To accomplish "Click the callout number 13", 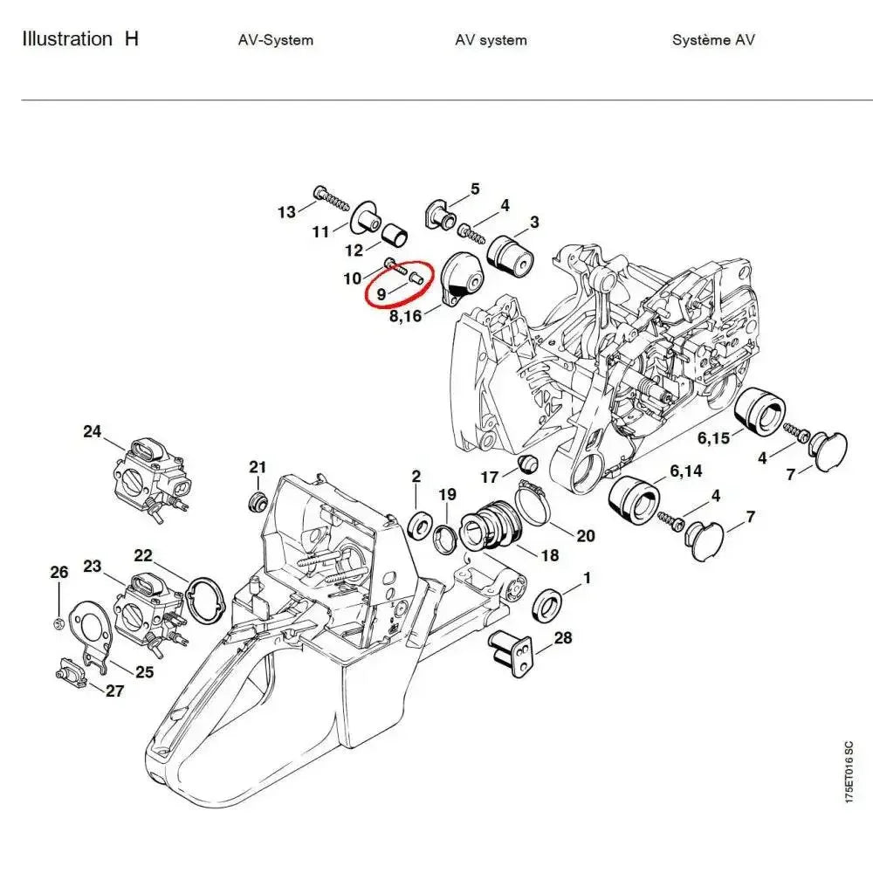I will point(286,211).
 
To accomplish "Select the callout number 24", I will point(93,430).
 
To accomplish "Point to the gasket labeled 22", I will point(207,602).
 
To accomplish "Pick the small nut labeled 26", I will point(58,622).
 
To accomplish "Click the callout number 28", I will point(563,638).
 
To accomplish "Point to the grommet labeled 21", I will point(257,502).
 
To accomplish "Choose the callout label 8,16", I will point(405,314).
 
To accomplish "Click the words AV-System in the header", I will point(275,40).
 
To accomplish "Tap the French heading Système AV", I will point(713,40).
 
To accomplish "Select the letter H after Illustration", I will point(131,39).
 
